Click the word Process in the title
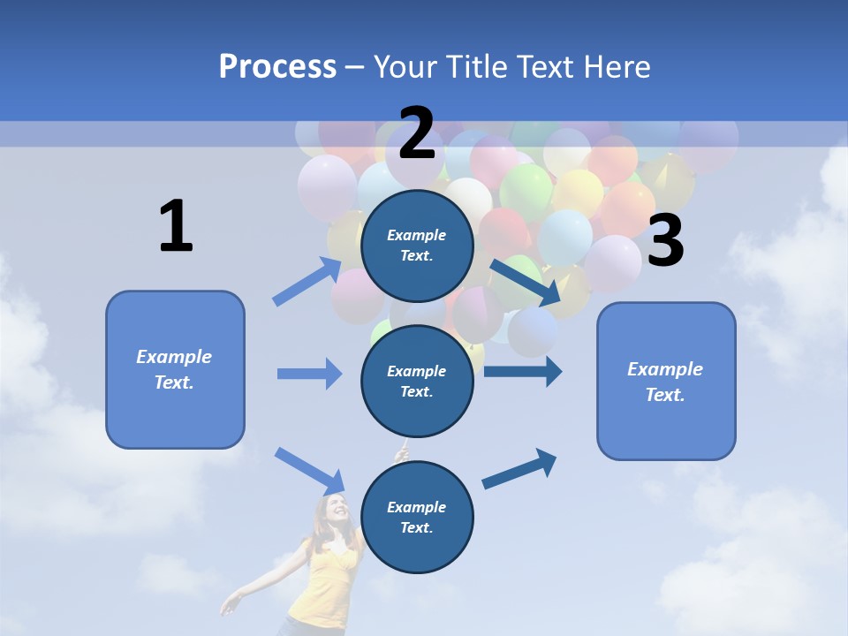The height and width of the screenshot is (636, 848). (x=277, y=67)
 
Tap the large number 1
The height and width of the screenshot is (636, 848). (x=176, y=226)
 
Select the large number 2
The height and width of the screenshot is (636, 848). (x=417, y=133)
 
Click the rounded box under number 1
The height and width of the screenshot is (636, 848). (x=175, y=369)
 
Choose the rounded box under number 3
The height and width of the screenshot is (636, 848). (x=666, y=381)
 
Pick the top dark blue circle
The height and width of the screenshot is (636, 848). (x=417, y=246)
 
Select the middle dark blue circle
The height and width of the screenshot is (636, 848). (x=417, y=381)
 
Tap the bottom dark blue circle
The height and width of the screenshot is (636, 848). (x=417, y=517)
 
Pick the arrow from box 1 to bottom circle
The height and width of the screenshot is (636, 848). (x=310, y=470)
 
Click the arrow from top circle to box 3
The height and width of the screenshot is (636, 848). (x=526, y=282)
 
